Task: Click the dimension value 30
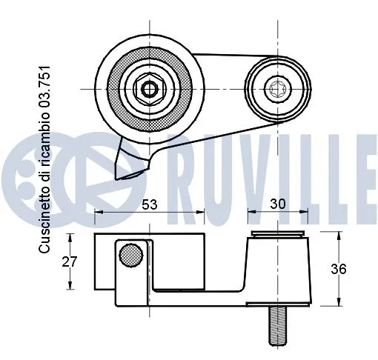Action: (x=278, y=201)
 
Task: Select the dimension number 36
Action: (x=339, y=269)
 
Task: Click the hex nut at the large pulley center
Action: (x=149, y=90)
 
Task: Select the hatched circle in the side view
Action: (x=130, y=255)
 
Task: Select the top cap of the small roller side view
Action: (x=279, y=236)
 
